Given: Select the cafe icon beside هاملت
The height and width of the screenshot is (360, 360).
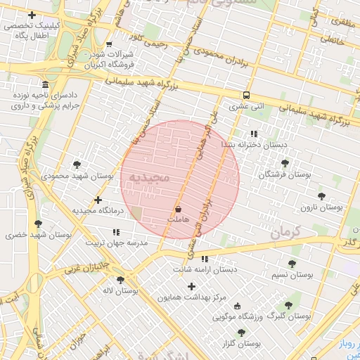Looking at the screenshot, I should click(177, 209).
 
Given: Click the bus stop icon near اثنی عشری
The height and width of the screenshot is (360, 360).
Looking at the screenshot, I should click(245, 95).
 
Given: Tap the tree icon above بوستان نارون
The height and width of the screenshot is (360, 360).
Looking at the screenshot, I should click(321, 196).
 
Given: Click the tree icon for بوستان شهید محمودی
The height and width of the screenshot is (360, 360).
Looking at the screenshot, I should click(77, 165).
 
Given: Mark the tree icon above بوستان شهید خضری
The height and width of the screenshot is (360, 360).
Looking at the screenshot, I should click(38, 224).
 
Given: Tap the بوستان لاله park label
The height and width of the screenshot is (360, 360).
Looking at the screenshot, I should click(120, 290).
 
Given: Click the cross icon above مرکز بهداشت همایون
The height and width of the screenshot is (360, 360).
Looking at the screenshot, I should click(191, 286).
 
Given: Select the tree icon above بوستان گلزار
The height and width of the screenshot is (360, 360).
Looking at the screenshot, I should click(241, 333).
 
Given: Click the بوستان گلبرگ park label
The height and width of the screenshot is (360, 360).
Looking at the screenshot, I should click(295, 317).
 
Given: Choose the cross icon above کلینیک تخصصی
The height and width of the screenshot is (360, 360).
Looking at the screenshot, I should click(31, 15).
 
